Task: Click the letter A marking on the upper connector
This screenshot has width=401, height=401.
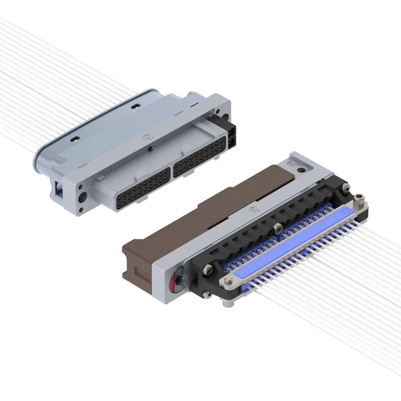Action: [x=148, y=137]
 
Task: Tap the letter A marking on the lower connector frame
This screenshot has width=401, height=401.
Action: [x=255, y=210]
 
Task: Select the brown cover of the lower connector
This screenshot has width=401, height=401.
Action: [x=204, y=211]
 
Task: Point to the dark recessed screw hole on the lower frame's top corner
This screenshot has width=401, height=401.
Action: [x=301, y=170]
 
